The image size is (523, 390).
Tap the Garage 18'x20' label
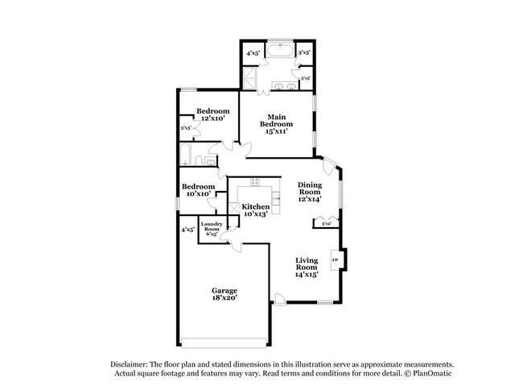click(x=224, y=293)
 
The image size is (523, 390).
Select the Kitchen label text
click(x=256, y=210)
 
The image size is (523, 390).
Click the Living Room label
click(x=307, y=267)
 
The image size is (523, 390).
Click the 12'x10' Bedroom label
click(x=213, y=114)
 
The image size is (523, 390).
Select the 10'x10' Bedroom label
click(x=197, y=190)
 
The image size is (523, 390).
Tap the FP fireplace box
click(x=336, y=261)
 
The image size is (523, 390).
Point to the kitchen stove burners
click(x=255, y=181)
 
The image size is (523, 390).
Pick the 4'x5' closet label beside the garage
click(x=187, y=230)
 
